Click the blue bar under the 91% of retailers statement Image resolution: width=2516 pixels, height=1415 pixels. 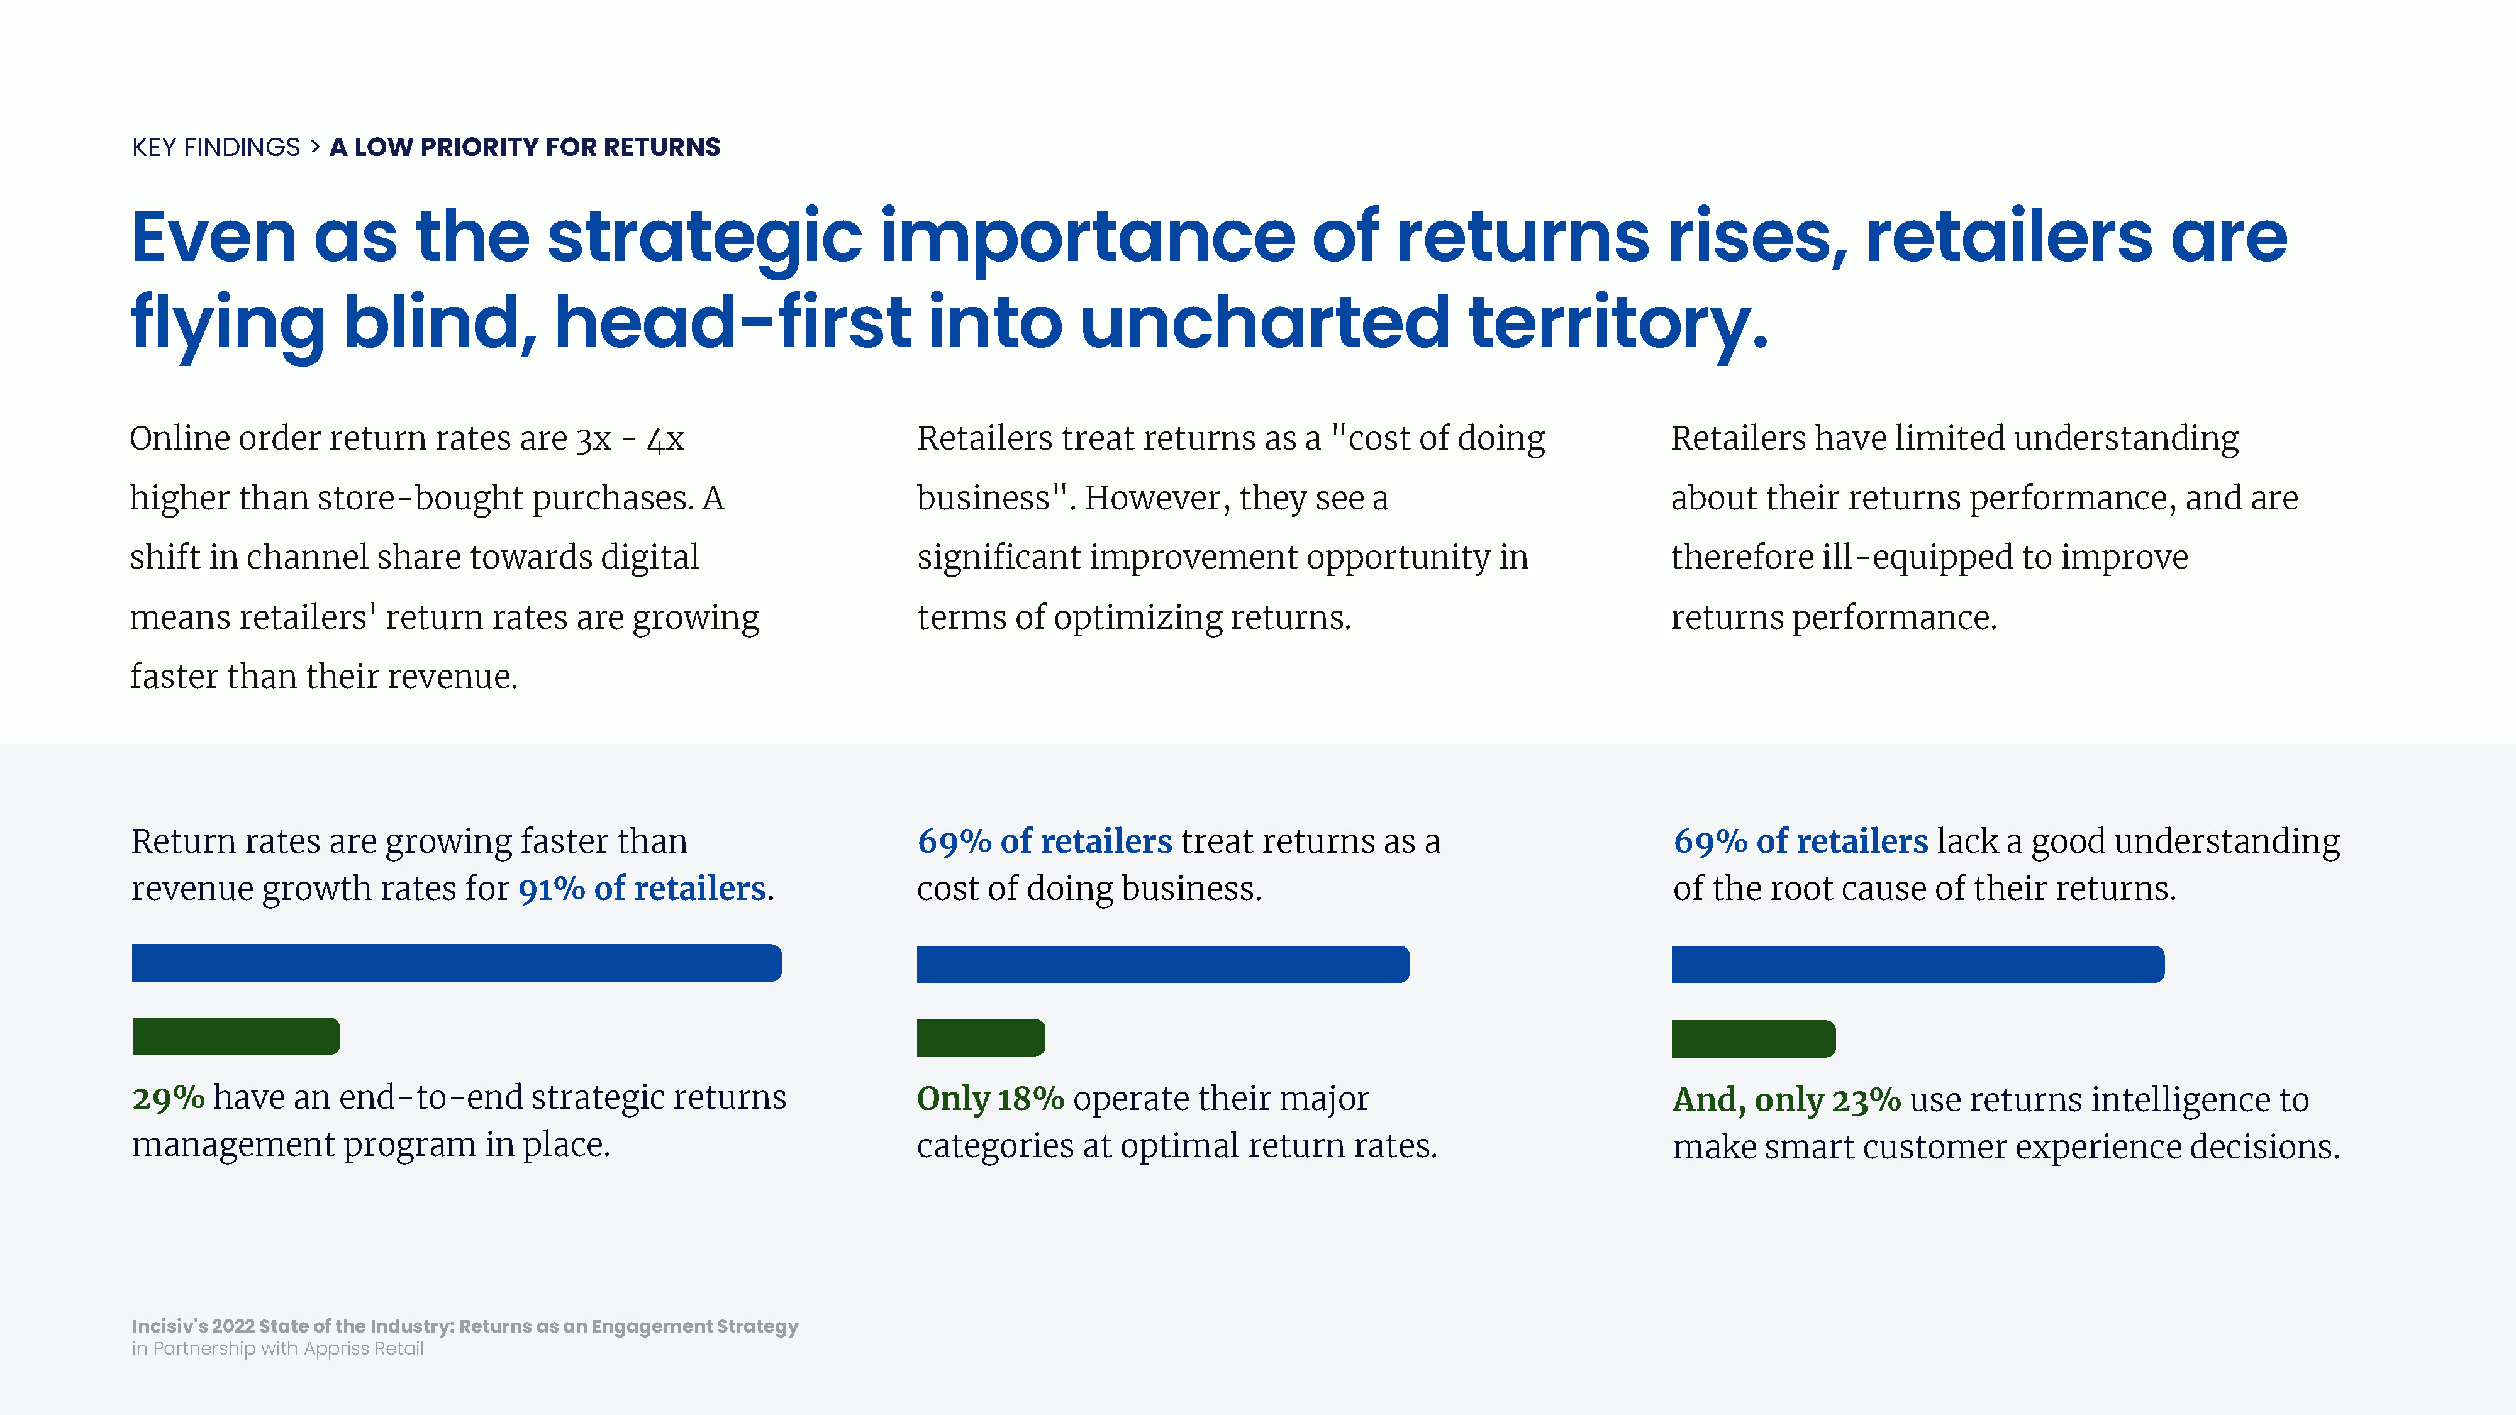(456, 962)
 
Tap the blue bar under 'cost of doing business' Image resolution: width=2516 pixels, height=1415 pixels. (1163, 964)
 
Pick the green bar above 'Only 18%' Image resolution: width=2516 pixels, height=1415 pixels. (981, 1037)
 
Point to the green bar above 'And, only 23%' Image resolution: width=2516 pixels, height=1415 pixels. (1753, 1038)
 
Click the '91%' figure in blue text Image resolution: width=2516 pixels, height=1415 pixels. (551, 889)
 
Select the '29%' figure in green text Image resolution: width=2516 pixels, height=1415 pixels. (168, 1097)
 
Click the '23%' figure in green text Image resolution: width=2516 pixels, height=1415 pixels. (1866, 1099)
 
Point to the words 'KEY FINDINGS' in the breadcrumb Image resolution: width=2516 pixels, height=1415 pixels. (216, 147)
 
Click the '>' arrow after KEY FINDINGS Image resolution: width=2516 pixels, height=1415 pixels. (314, 147)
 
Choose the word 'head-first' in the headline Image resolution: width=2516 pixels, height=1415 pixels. (733, 322)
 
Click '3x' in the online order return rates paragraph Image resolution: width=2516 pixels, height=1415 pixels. (594, 440)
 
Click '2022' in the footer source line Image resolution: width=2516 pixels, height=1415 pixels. (233, 1326)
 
